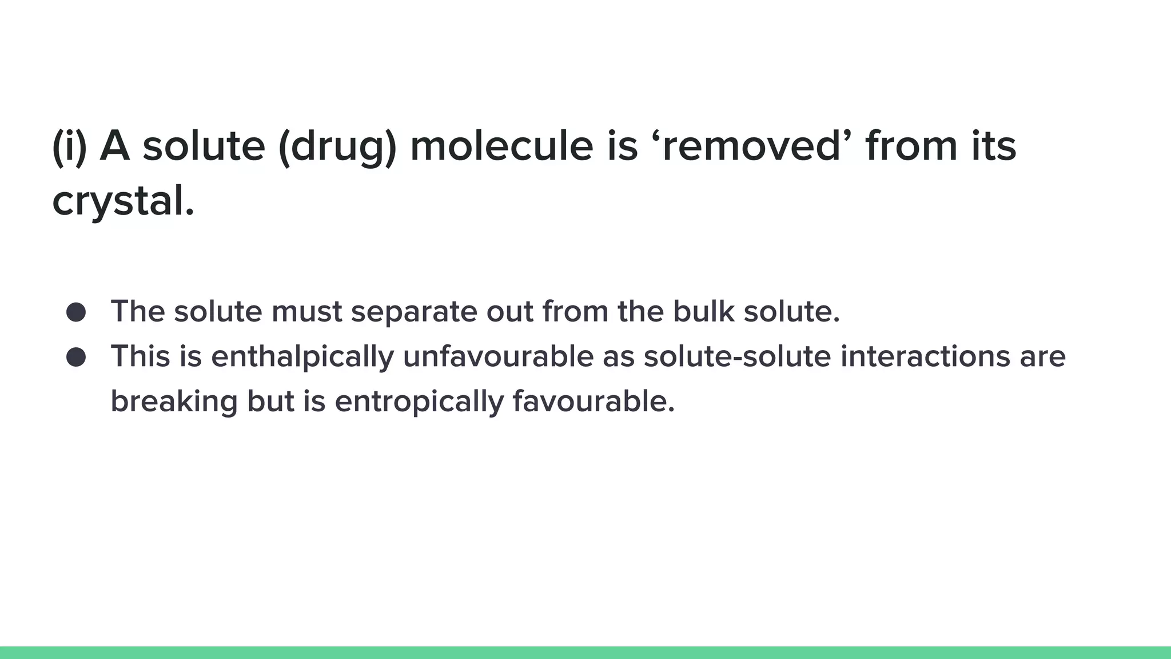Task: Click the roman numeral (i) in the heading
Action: pyautogui.click(x=69, y=146)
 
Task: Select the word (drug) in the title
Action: pyautogui.click(x=337, y=146)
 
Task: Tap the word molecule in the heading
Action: pyautogui.click(x=501, y=146)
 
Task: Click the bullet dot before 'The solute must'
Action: pyautogui.click(x=76, y=312)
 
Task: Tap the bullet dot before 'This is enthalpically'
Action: pyautogui.click(x=76, y=358)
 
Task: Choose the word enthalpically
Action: pyautogui.click(x=302, y=358)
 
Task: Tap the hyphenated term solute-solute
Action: pyautogui.click(x=737, y=356)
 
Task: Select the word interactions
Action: pyautogui.click(x=926, y=356)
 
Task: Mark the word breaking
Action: pyautogui.click(x=174, y=402)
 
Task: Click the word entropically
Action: pyautogui.click(x=419, y=402)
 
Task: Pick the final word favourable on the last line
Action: pyautogui.click(x=594, y=401)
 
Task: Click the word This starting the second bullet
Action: pyautogui.click(x=140, y=356)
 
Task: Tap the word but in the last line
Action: pyautogui.click(x=270, y=401)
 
